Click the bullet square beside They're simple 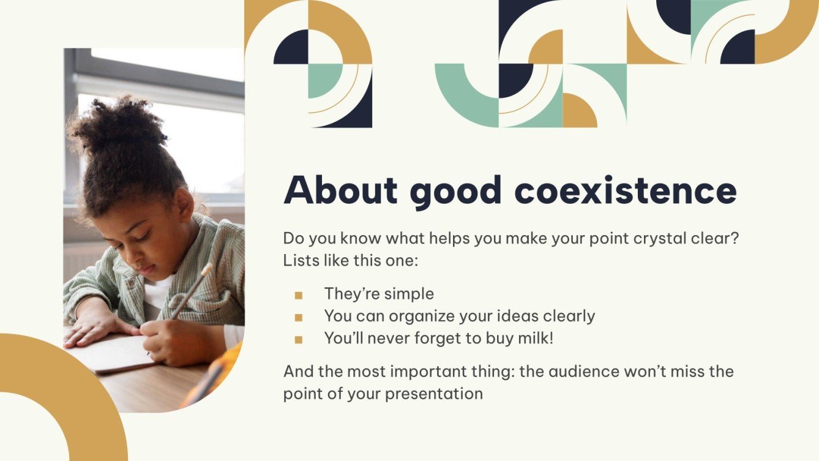click(x=299, y=296)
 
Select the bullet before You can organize click(x=299, y=318)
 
